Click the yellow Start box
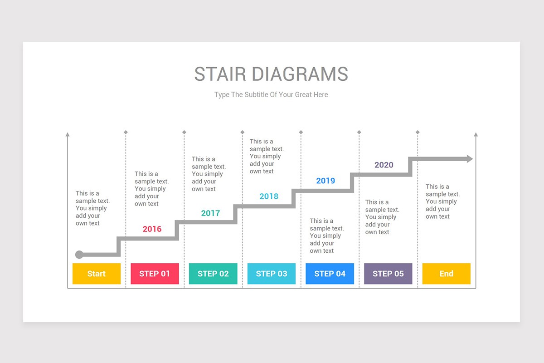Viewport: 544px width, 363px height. pyautogui.click(x=97, y=274)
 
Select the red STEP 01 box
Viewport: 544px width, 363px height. pyautogui.click(x=155, y=274)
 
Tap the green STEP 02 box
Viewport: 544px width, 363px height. pyautogui.click(x=213, y=274)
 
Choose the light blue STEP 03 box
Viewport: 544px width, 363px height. pyautogui.click(x=272, y=274)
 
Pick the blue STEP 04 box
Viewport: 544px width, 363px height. pyautogui.click(x=330, y=274)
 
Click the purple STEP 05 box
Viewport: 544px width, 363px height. pyautogui.click(x=388, y=274)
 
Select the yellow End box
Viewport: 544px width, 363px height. pyautogui.click(x=446, y=274)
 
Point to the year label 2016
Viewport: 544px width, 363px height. pyautogui.click(x=152, y=229)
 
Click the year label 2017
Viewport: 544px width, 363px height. pyautogui.click(x=210, y=213)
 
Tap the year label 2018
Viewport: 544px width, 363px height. pyautogui.click(x=269, y=196)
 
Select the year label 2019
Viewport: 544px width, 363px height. pyautogui.click(x=325, y=181)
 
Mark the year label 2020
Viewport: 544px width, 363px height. pyautogui.click(x=384, y=165)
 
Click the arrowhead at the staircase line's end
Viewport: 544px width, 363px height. pyautogui.click(x=469, y=159)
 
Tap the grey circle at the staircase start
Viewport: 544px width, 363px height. pyautogui.click(x=79, y=255)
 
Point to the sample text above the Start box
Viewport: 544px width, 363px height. pyautogui.click(x=92, y=208)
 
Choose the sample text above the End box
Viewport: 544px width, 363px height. pyautogui.click(x=442, y=201)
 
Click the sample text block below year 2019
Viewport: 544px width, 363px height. pyautogui.click(x=326, y=235)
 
